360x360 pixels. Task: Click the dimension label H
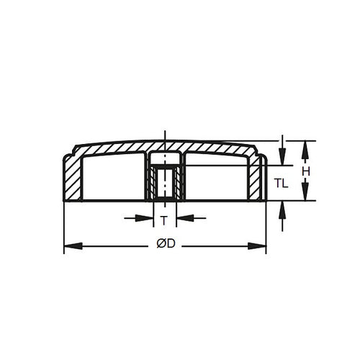[x=307, y=171]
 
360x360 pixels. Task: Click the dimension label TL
[x=282, y=184]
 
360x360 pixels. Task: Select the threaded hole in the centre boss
[x=166, y=184]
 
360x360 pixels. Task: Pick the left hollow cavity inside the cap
[x=115, y=179]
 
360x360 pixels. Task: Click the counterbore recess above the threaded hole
[x=166, y=158]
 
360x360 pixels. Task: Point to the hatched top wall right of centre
[x=216, y=149]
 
